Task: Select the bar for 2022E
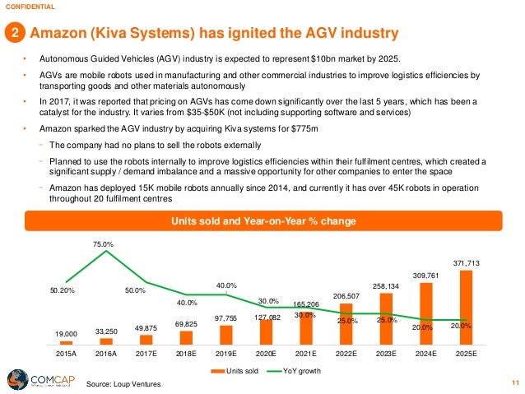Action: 345,321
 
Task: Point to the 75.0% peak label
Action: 104,244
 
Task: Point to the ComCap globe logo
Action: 15,378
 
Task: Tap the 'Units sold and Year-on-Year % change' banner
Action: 262,220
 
